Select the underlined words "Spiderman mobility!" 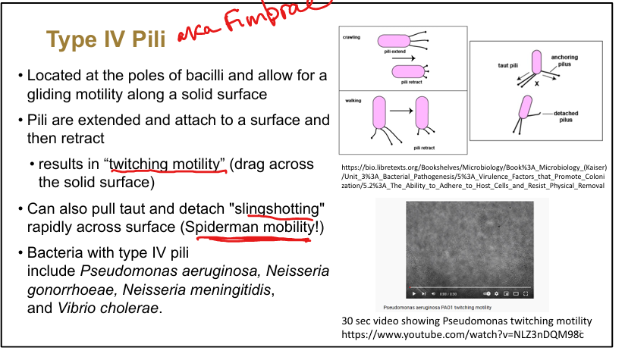click(247, 226)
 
